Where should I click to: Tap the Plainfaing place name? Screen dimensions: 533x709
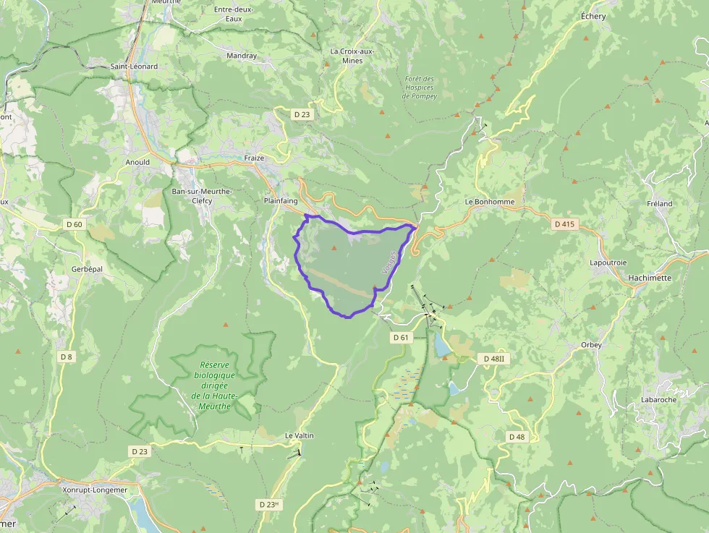coord(281,201)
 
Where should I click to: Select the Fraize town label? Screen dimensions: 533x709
coord(254,158)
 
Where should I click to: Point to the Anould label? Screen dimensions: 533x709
coord(137,162)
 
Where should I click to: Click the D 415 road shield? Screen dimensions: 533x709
coord(564,224)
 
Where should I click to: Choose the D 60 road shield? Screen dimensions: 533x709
coord(74,224)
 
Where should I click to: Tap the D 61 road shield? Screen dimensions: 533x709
coord(401,337)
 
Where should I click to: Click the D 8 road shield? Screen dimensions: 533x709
coord(67,357)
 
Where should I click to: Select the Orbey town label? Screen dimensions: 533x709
coord(591,345)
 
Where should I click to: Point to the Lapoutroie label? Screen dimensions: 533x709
coord(607,262)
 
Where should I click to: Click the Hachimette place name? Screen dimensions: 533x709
coord(650,278)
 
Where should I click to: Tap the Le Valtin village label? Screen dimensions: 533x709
coord(300,435)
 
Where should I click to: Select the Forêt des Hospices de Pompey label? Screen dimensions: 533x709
coord(420,88)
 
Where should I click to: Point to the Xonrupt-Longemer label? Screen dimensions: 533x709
coord(95,490)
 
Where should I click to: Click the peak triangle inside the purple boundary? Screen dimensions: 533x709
coord(334,248)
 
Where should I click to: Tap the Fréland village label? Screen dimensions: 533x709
coord(659,204)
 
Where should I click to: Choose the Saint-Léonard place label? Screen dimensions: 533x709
coord(134,67)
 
